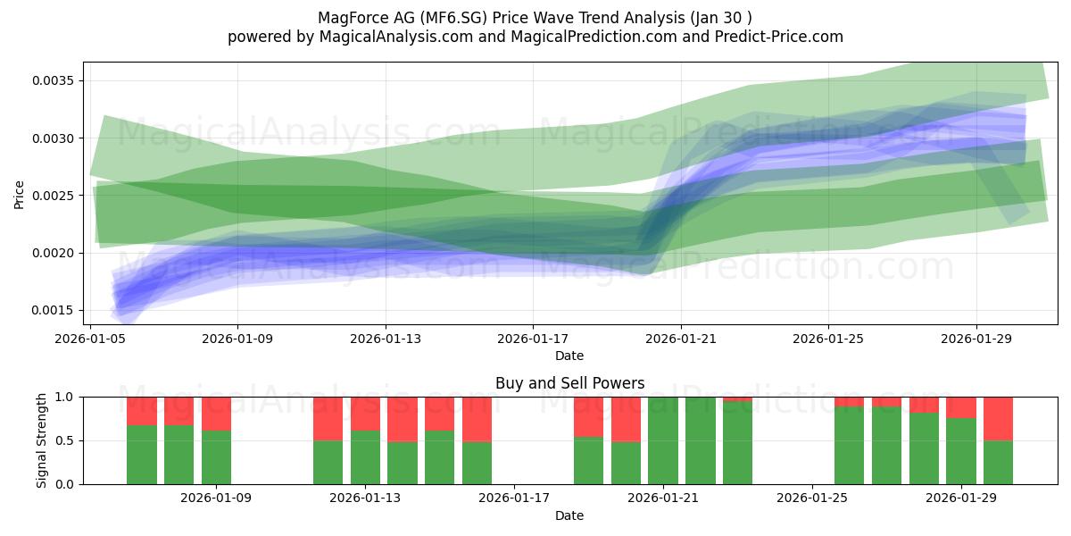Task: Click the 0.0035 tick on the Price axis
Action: point(53,80)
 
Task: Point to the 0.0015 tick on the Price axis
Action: point(53,310)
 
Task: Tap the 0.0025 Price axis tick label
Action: point(53,196)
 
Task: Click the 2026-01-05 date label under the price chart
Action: point(90,339)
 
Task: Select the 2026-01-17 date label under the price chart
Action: point(533,339)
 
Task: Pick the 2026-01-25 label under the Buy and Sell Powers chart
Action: point(812,498)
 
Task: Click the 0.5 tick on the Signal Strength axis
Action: point(65,440)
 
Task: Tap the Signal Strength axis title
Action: point(42,440)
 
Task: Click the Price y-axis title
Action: point(19,195)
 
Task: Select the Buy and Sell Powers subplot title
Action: point(570,383)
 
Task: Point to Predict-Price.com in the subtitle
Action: point(779,37)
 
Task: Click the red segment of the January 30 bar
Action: point(999,419)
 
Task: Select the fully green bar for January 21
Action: point(663,440)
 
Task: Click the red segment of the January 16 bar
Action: point(477,419)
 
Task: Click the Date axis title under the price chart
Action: point(569,356)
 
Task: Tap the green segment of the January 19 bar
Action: point(588,460)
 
